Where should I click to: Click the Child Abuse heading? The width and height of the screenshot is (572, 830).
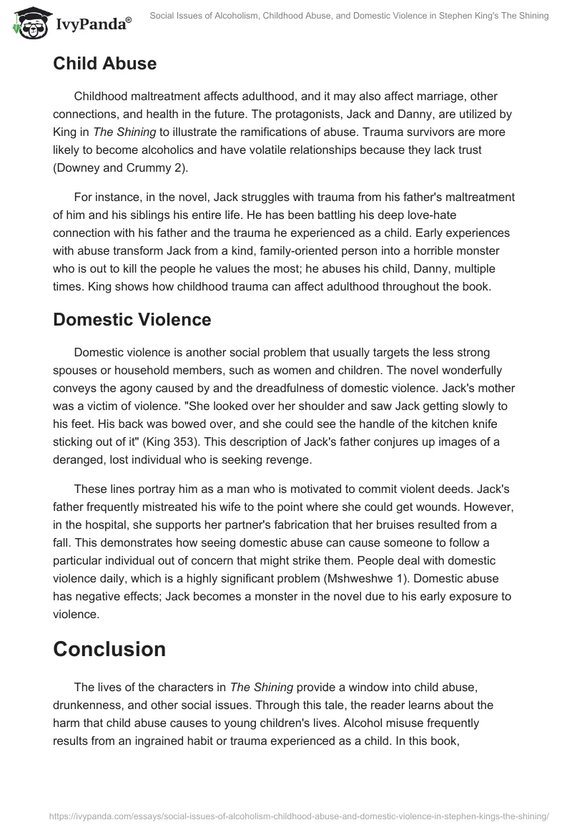pos(104,64)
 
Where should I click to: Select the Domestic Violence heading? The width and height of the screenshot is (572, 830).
pos(132,319)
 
